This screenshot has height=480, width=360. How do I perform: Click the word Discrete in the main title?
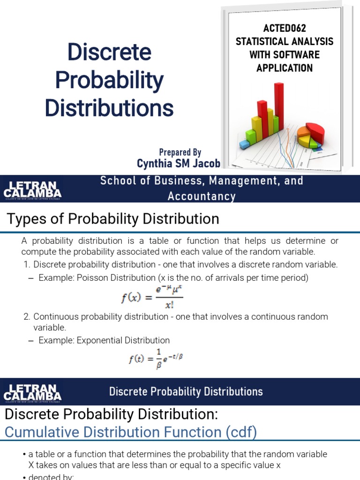(x=109, y=52)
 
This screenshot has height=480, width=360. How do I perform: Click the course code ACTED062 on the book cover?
(x=284, y=29)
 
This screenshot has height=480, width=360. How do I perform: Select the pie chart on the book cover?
(x=309, y=135)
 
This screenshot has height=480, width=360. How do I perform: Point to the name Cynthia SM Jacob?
(x=178, y=163)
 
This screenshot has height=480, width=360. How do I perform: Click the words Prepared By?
(x=180, y=152)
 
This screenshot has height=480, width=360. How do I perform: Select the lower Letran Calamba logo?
(x=32, y=392)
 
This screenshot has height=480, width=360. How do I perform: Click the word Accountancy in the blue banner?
(x=202, y=196)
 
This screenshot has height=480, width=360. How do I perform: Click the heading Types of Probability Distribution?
(x=112, y=219)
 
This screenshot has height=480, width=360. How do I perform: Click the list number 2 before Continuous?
(x=26, y=317)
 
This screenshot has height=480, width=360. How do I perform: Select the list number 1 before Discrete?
(x=26, y=265)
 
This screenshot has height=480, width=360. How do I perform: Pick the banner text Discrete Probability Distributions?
(x=186, y=391)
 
